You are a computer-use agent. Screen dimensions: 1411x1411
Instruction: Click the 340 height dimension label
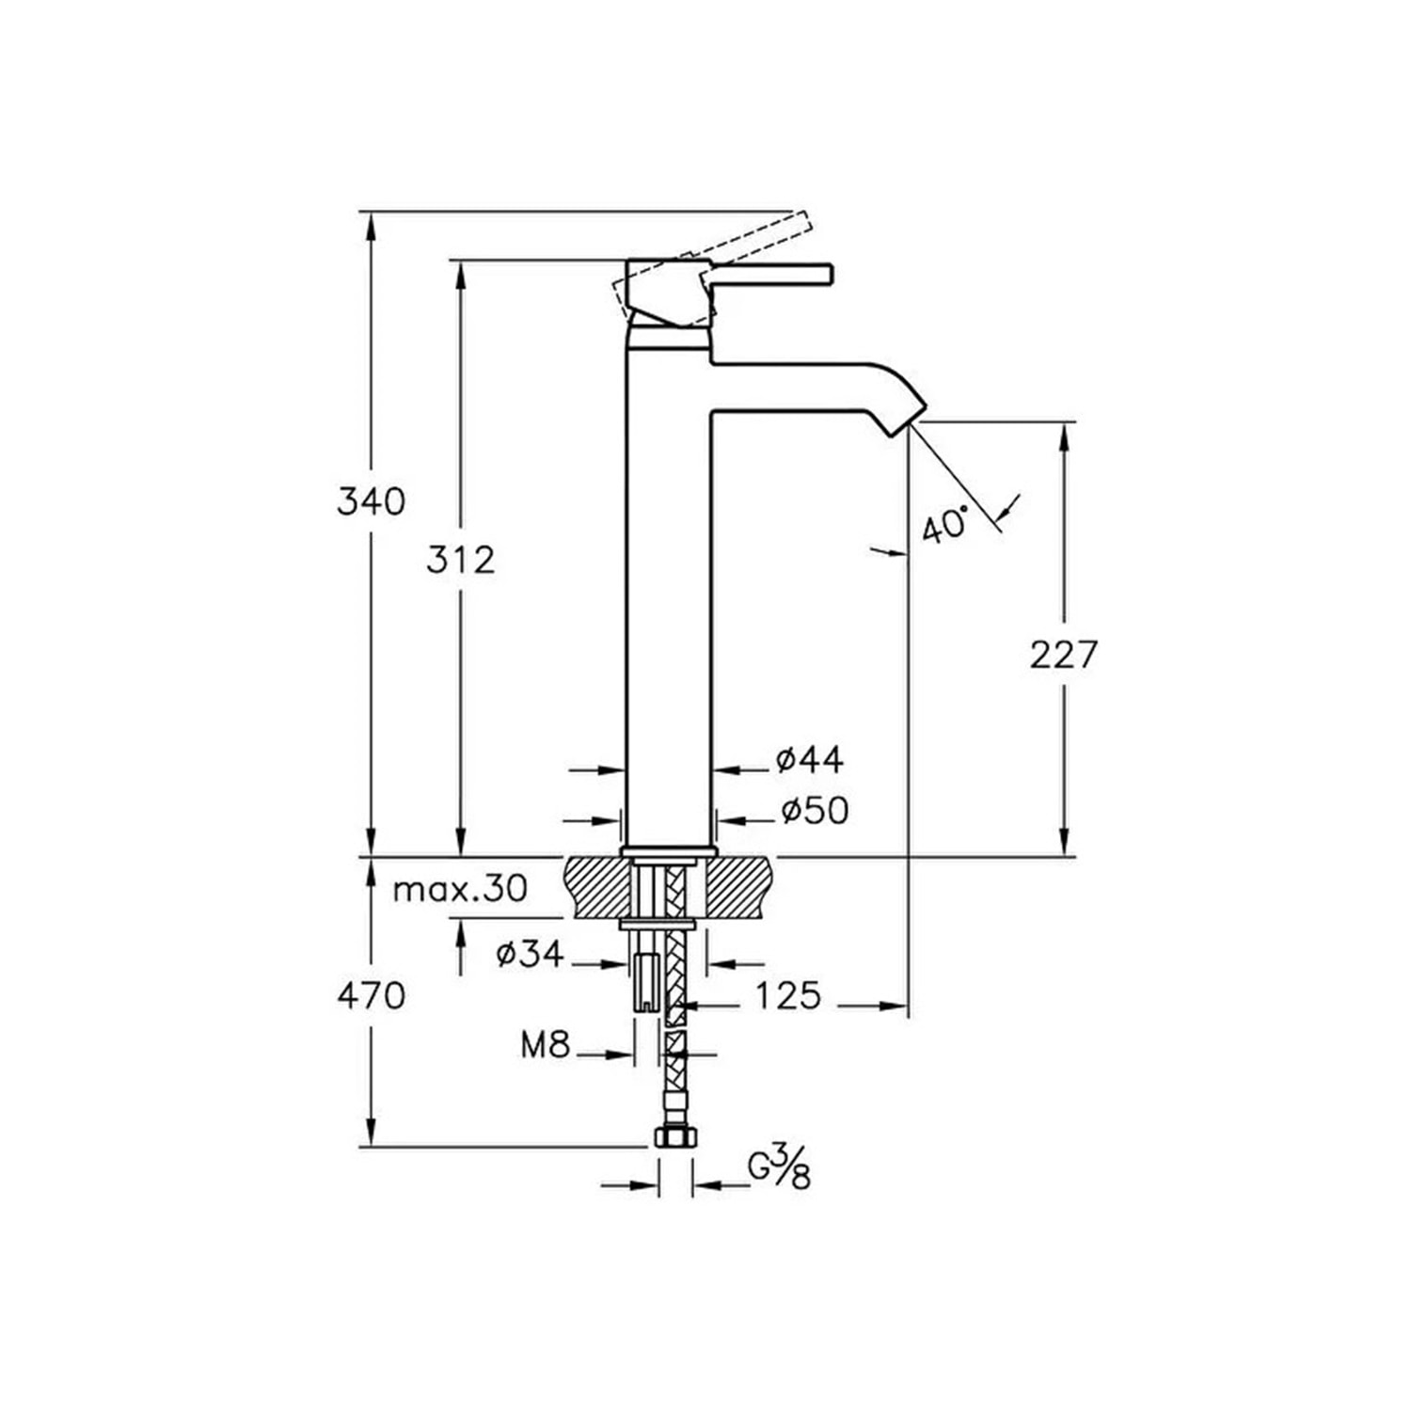click(x=372, y=501)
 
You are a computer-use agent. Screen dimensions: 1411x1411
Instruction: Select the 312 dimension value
click(x=460, y=561)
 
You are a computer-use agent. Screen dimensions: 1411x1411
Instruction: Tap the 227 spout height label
click(x=1064, y=654)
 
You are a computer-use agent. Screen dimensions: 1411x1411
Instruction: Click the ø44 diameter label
click(x=810, y=759)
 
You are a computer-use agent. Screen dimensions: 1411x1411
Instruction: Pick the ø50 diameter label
click(x=815, y=810)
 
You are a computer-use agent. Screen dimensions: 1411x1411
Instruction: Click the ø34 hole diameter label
click(x=531, y=955)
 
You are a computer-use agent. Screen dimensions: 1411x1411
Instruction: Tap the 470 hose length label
click(x=372, y=995)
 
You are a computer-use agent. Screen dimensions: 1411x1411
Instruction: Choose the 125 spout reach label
click(x=788, y=995)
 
